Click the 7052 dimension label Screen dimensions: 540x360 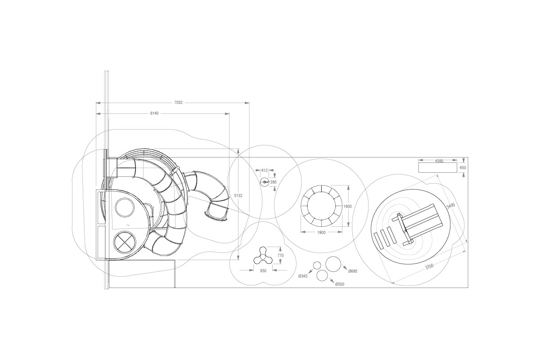178,103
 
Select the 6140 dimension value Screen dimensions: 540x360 154,113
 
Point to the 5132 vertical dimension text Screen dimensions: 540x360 238,196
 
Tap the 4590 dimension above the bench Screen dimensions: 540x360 439,161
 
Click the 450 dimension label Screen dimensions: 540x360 463,168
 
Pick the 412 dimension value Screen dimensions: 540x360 265,171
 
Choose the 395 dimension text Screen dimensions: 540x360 273,182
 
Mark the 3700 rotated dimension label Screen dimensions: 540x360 429,266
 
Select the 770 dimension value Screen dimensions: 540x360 280,256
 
